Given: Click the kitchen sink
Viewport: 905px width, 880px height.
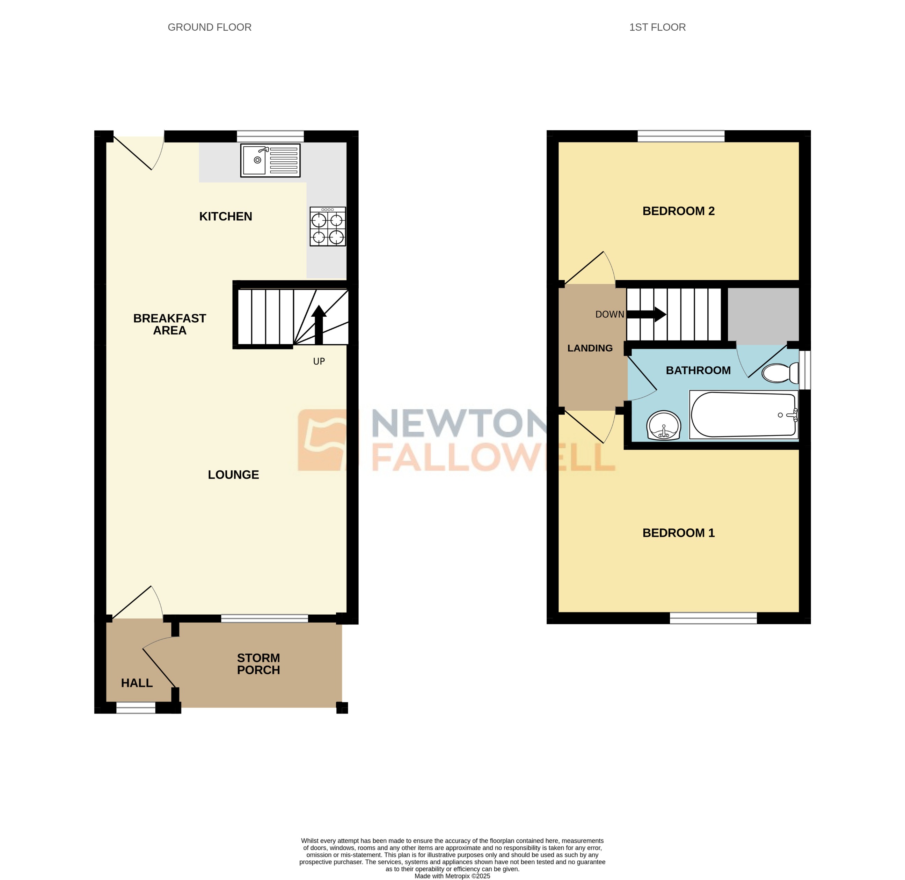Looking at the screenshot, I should pos(270,160).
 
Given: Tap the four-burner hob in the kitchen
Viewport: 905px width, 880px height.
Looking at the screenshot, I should pos(328,227).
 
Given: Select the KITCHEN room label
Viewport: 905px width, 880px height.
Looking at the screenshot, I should pos(226,216).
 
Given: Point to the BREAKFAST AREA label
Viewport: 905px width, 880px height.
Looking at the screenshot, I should pos(170,324).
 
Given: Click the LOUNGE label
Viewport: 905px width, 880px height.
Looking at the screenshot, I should pos(233,475).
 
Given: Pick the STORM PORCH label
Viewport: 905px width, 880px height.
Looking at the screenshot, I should pos(258,664).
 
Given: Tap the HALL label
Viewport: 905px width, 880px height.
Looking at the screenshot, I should pos(137,683).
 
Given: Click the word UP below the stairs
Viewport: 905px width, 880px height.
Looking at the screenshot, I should pos(319,361).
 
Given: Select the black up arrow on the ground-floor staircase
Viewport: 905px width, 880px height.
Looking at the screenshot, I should pos(319,323).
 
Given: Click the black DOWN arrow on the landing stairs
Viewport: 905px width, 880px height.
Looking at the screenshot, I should pos(647,315).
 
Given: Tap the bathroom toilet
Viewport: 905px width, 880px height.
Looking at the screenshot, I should pos(781,373).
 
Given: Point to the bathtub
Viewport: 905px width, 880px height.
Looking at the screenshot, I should pos(743,415).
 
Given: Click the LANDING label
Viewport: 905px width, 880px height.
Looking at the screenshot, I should pos(590,348).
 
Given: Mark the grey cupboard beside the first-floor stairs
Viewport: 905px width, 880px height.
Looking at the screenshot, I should pos(763,316).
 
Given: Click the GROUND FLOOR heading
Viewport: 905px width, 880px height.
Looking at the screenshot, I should pos(209,27).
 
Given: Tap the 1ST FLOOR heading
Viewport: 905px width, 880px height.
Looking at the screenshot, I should pos(657,27).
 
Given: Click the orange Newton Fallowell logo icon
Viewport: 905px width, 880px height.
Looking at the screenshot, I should pos(322,440).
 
